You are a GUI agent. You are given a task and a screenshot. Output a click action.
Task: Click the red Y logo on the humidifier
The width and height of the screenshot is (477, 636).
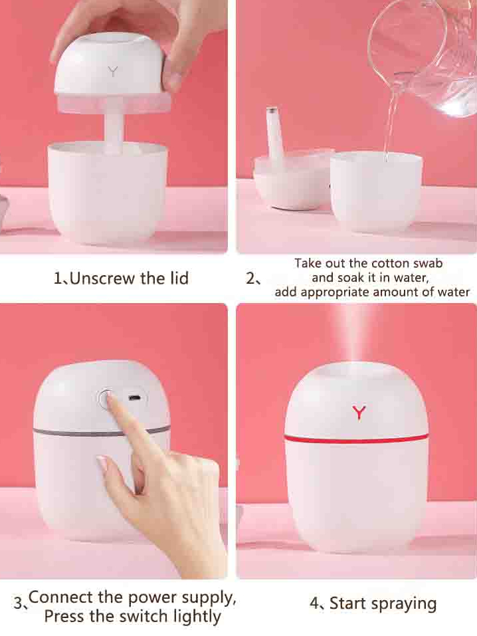[x=359, y=412]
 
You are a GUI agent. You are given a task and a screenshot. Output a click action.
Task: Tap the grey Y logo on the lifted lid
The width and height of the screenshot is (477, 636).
[x=113, y=71]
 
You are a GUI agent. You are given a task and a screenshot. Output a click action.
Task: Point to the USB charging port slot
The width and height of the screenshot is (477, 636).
[x=133, y=397]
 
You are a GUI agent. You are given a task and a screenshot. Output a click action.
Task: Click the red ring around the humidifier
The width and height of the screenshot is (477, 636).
[x=356, y=437]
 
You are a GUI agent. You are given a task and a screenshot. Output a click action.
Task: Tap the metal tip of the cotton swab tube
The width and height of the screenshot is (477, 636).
[x=272, y=110]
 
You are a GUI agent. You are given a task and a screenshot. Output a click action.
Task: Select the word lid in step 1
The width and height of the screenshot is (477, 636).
[x=178, y=278]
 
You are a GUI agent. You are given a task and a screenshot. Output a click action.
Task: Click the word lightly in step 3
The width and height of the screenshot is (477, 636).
[x=197, y=617]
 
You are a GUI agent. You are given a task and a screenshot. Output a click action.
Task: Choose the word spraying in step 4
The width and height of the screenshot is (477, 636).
[x=404, y=604]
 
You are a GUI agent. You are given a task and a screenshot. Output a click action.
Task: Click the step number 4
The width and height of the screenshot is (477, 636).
[x=315, y=603]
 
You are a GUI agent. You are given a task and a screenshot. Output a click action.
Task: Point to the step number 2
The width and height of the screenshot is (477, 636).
[x=251, y=278]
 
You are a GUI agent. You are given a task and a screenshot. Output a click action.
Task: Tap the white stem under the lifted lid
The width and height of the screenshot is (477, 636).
[x=113, y=133]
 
